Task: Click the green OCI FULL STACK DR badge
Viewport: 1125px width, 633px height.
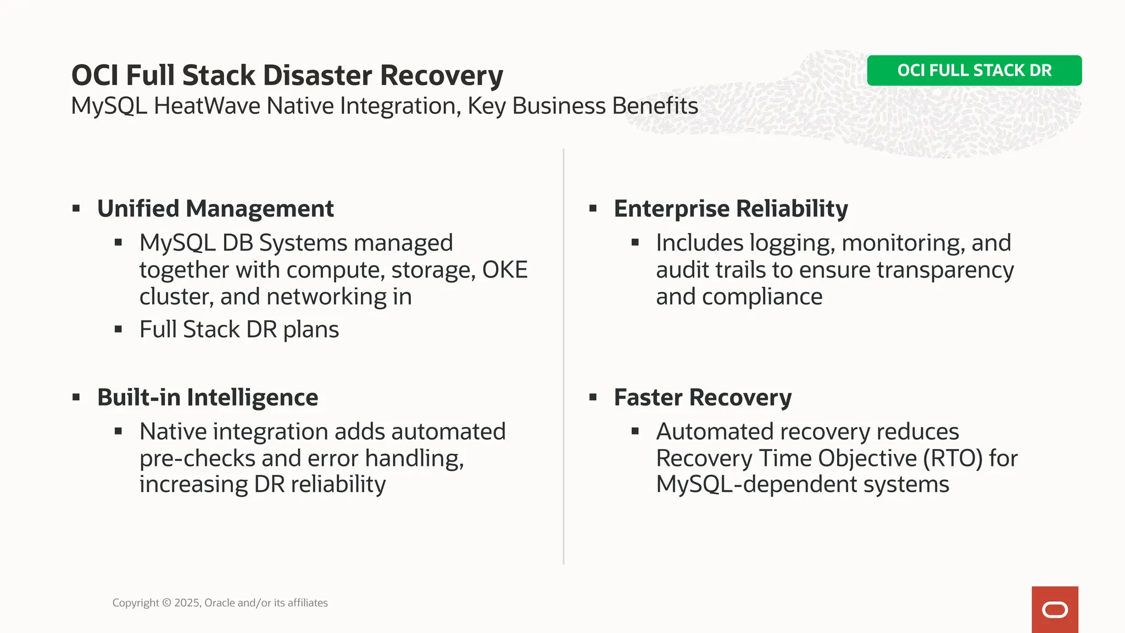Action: coord(974,70)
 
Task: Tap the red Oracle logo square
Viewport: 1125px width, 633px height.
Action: coord(1054,609)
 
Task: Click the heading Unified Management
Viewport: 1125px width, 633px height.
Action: coord(215,209)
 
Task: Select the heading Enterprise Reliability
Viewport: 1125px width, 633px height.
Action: coord(731,209)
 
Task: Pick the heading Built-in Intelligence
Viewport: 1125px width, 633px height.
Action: coord(208,397)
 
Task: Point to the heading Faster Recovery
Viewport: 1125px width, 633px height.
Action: coord(703,397)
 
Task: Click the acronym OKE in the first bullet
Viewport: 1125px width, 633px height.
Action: coord(504,270)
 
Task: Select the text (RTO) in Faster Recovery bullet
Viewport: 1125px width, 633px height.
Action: coord(953,458)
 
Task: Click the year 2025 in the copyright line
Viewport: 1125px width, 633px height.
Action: coord(187,603)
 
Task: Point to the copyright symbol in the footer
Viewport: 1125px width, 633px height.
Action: coord(166,603)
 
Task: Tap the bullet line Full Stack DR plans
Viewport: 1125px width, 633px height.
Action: coord(239,330)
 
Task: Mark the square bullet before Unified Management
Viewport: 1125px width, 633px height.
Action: coord(76,208)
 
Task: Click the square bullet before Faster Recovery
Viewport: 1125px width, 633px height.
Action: coord(593,397)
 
